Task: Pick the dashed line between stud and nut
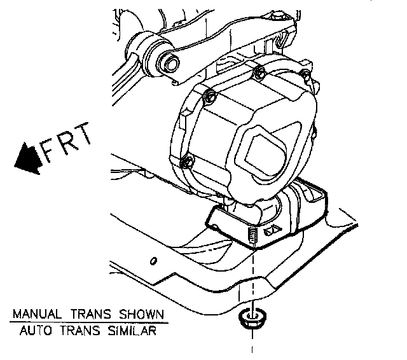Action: coord(253,280)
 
